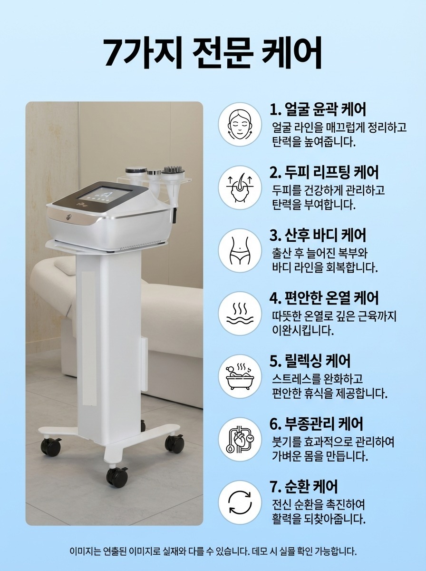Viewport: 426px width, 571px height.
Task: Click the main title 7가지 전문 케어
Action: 213,53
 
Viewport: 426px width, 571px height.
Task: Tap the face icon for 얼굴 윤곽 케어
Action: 240,124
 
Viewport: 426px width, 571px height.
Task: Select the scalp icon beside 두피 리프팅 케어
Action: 240,187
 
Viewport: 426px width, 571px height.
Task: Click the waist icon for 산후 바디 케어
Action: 240,250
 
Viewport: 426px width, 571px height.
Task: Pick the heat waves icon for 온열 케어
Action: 240,314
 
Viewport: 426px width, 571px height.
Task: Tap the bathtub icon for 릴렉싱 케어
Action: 240,376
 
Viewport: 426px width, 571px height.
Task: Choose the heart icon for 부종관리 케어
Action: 240,439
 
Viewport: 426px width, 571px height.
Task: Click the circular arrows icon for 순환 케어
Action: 240,502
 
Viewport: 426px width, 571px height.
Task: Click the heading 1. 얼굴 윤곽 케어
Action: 318,109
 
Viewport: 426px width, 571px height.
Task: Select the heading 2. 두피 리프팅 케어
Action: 324,172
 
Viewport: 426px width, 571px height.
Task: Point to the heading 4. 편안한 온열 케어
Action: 324,298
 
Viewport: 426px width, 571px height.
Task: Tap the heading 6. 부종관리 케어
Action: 316,424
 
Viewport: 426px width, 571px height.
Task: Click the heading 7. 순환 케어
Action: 304,487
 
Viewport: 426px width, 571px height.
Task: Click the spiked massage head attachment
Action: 172,170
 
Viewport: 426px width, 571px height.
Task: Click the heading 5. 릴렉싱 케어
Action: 310,361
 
